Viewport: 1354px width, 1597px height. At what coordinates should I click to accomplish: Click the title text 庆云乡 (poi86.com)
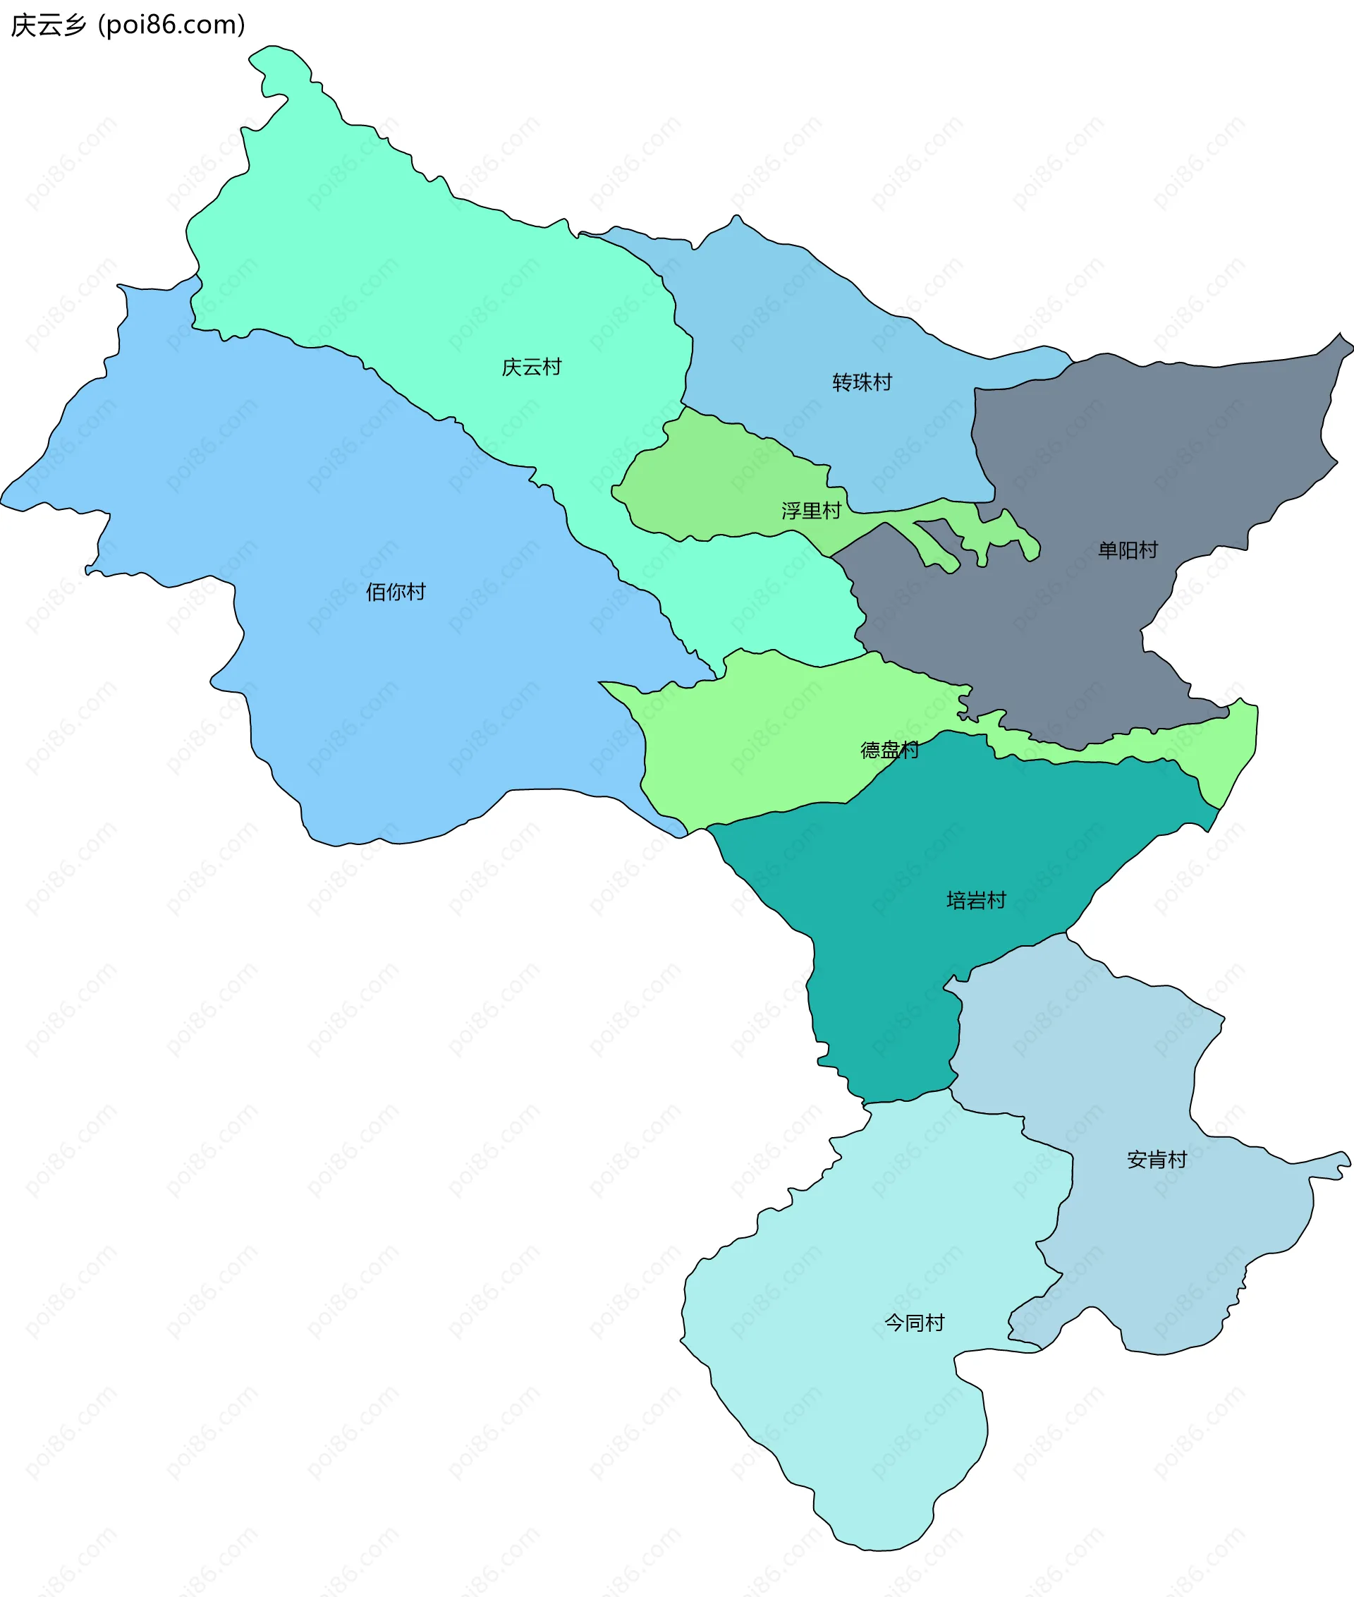tap(128, 25)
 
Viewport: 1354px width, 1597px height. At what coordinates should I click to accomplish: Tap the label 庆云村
tap(531, 367)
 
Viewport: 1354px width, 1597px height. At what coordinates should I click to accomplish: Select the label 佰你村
tap(396, 592)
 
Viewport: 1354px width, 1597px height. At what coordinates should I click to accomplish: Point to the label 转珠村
tap(862, 382)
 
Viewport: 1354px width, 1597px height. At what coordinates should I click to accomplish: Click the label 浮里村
tap(811, 511)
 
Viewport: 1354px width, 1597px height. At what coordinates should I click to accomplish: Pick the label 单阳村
tap(1128, 549)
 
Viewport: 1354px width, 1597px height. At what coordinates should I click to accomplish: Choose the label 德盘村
tap(889, 749)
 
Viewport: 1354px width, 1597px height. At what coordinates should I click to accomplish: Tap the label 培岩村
tap(976, 900)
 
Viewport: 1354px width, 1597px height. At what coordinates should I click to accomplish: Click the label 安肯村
tap(1157, 1160)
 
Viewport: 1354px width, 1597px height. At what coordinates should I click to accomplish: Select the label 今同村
tap(914, 1323)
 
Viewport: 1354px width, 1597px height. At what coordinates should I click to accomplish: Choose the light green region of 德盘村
tap(767, 729)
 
